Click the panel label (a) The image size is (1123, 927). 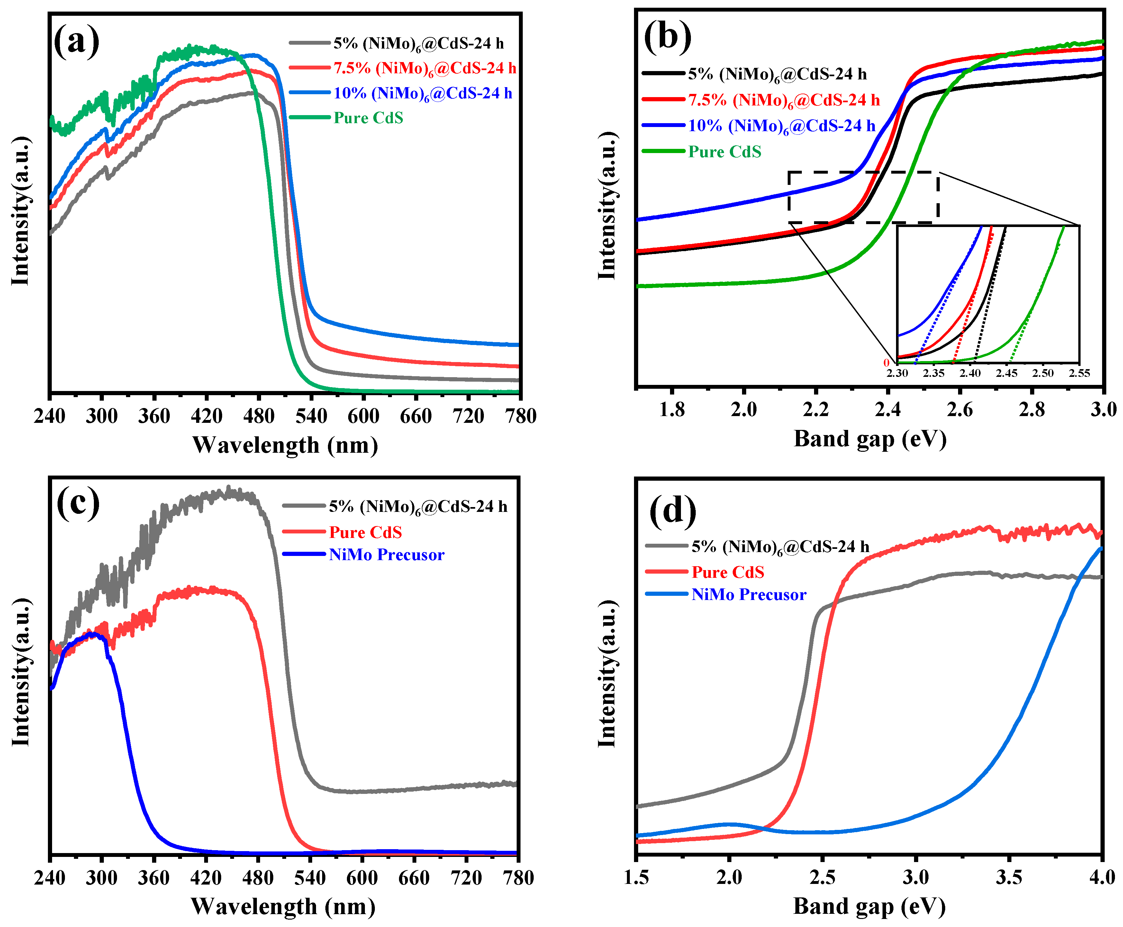tap(77, 41)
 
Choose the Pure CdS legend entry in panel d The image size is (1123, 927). tap(727, 572)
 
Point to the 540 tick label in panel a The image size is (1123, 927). tap(311, 416)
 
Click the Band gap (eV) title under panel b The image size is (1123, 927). tap(870, 439)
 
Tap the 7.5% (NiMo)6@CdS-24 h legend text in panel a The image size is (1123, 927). tap(424, 68)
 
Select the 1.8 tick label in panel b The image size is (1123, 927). tap(672, 410)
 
